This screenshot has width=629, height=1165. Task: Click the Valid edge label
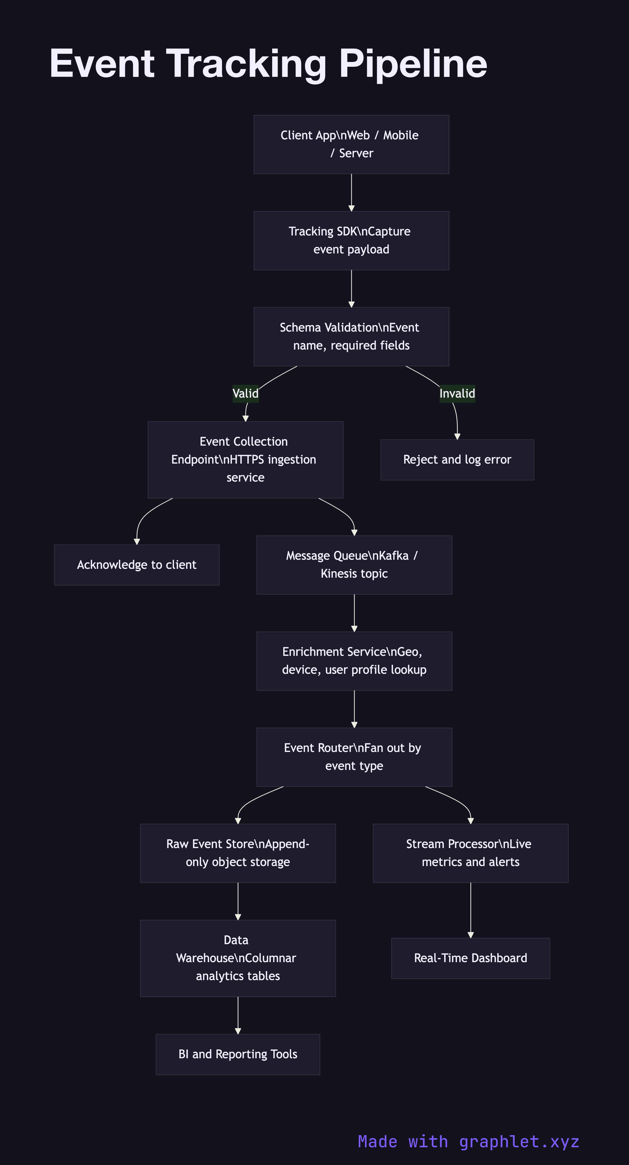tap(245, 394)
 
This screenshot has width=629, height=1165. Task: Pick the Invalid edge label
tap(457, 394)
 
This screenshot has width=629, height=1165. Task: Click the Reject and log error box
tap(457, 460)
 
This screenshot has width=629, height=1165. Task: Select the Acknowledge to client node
tap(137, 565)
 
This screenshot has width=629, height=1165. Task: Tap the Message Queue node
tap(354, 565)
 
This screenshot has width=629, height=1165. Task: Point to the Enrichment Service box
tap(354, 661)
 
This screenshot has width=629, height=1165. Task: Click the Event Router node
tap(354, 757)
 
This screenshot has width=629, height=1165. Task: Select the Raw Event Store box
tap(238, 853)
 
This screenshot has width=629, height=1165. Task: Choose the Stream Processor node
tap(470, 853)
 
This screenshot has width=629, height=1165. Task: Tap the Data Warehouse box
tap(238, 958)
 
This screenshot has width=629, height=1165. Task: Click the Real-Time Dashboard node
tap(470, 958)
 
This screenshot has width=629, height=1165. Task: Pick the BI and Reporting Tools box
tap(238, 1054)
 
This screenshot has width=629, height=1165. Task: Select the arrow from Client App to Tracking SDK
tap(351, 192)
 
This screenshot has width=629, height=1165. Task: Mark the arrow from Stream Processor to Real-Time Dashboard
tap(471, 910)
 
